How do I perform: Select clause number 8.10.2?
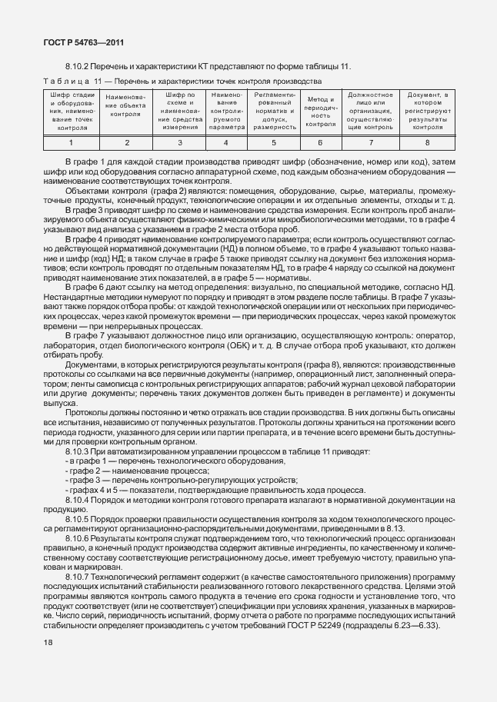click(80, 68)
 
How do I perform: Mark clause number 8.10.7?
click(80, 576)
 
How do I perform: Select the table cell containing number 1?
click(71, 142)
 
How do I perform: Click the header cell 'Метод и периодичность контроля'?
click(320, 111)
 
